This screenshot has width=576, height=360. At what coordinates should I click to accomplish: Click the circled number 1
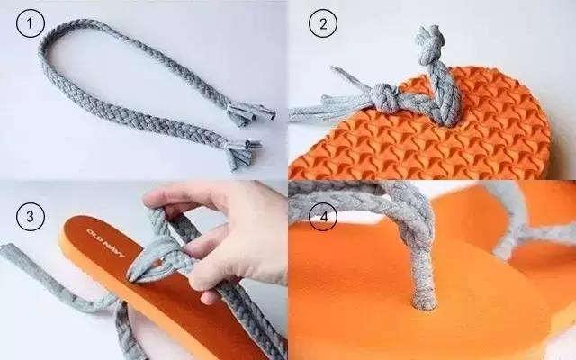click(30, 23)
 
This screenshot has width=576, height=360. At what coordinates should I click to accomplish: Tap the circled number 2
click(323, 23)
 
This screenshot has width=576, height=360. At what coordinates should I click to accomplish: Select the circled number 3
click(30, 216)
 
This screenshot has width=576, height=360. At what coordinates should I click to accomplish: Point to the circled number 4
click(323, 216)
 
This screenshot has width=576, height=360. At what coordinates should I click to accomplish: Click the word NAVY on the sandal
click(113, 249)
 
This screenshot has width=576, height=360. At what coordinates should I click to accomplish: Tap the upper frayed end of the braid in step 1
click(251, 114)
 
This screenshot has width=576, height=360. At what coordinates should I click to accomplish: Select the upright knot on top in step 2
click(430, 44)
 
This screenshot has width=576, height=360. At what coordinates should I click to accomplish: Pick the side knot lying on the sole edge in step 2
click(384, 97)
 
